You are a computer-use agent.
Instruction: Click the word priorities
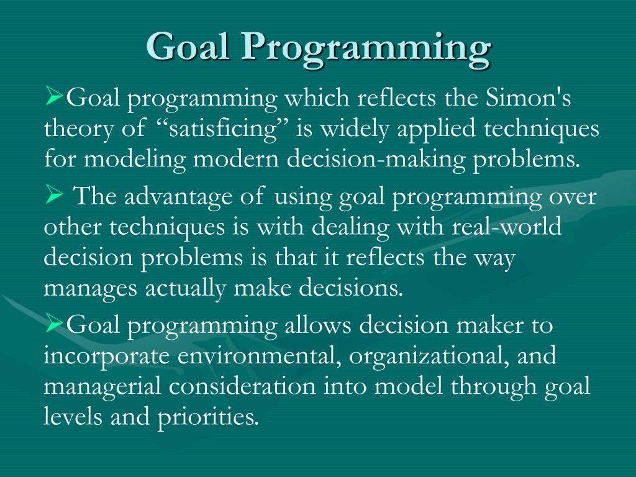click(x=211, y=417)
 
